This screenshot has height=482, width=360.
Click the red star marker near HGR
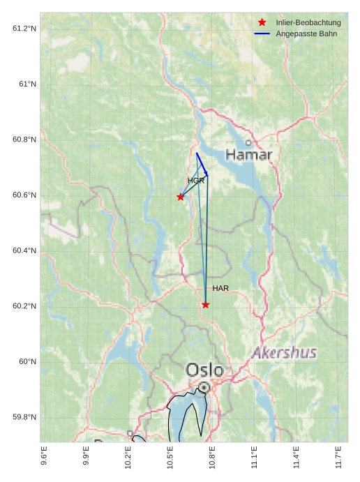tap(181, 197)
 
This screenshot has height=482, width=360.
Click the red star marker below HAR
tap(205, 305)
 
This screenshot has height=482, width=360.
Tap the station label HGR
tap(196, 181)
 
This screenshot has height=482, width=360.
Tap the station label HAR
tap(220, 288)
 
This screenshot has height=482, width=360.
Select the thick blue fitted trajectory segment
tap(202, 164)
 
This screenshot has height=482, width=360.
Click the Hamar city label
tap(248, 154)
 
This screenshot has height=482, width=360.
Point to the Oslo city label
tap(204, 370)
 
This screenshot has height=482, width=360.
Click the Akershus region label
tap(284, 352)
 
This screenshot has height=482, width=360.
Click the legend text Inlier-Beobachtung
tap(308, 22)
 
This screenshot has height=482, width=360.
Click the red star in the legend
tap(262, 22)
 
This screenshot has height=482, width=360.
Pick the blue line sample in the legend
tap(262, 33)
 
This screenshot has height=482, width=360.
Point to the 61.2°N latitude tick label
tap(24, 28)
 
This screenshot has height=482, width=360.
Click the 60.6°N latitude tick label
tap(24, 195)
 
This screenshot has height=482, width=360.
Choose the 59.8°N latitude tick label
tap(24, 417)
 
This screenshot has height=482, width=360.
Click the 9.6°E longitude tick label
tap(44, 457)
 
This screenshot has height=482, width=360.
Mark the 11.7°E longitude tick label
tap(338, 457)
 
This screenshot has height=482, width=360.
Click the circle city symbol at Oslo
tap(204, 386)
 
